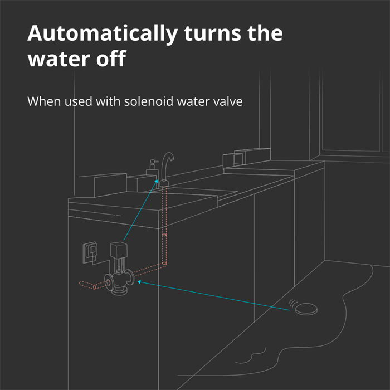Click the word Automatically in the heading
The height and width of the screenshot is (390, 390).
[103, 34]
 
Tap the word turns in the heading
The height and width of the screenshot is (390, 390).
[212, 33]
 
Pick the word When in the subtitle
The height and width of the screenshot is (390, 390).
[44, 101]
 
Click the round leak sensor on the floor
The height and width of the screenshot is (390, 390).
[306, 309]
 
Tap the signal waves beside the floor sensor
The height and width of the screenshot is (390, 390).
[292, 304]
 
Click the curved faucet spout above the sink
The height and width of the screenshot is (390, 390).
[167, 164]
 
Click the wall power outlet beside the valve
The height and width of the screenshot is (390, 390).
[90, 252]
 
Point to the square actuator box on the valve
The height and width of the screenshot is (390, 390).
[119, 250]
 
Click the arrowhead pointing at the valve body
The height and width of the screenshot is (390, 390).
[139, 282]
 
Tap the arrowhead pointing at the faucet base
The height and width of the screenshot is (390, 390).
[156, 181]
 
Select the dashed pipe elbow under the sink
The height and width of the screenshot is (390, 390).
[164, 264]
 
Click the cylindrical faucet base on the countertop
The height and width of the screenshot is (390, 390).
[164, 183]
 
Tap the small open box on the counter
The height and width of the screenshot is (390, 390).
[232, 161]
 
